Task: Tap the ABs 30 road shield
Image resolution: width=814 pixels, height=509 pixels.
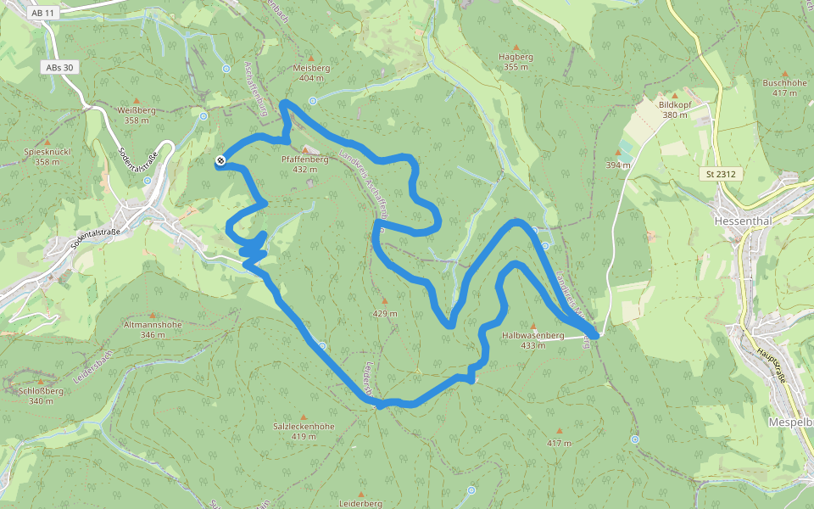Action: point(59,67)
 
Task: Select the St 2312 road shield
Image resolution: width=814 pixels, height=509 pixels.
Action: point(719,174)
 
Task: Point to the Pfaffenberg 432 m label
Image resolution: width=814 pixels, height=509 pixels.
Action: point(304,164)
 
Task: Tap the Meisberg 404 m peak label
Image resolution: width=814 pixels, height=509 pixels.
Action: point(309,72)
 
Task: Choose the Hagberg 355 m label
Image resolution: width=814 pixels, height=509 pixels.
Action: point(516,61)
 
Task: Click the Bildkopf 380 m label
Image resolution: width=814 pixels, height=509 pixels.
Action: point(675,109)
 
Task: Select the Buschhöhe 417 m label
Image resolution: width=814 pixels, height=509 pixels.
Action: point(784,87)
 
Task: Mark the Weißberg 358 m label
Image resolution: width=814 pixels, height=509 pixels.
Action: point(137,115)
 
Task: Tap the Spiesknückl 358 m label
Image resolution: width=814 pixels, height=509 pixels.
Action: point(47,156)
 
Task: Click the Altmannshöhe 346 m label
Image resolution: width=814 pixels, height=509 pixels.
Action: point(153,329)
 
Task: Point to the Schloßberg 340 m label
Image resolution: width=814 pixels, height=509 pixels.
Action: point(40,395)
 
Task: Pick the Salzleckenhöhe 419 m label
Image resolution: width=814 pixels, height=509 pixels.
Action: point(303,431)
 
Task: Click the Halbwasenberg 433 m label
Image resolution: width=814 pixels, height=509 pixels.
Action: point(533,339)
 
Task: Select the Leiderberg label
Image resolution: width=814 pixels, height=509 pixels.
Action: point(360,503)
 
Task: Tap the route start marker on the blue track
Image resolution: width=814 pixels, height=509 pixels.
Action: point(220,160)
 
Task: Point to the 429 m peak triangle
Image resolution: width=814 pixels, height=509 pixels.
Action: point(384,299)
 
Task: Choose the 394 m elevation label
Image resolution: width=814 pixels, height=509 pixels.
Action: point(618,165)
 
